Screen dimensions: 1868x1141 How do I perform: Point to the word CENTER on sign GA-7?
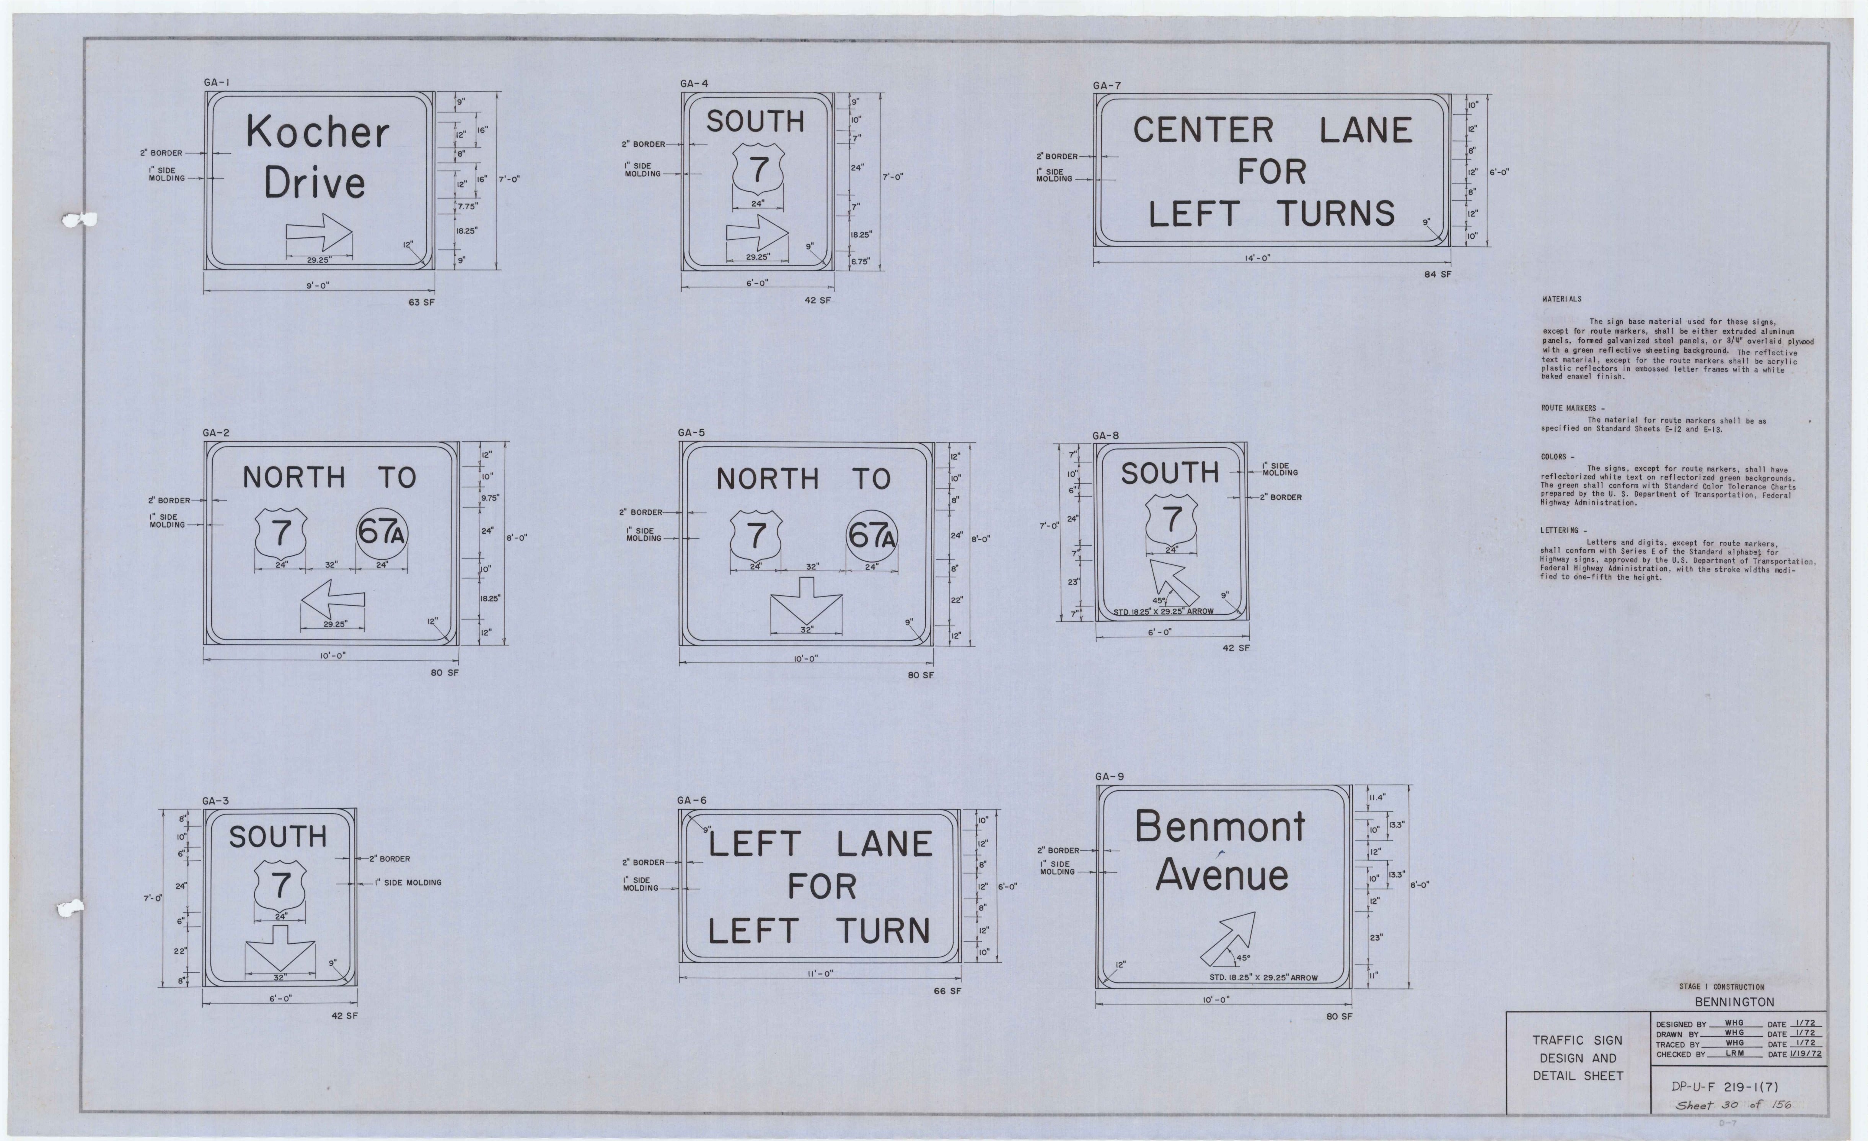pyautogui.click(x=1203, y=130)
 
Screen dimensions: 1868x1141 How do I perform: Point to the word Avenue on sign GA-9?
pyautogui.click(x=1221, y=875)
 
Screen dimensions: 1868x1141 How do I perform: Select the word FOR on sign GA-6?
pyautogui.click(x=822, y=886)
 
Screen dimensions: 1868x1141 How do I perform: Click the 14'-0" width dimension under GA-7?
pyautogui.click(x=1258, y=258)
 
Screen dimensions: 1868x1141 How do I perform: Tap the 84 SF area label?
pyautogui.click(x=1438, y=274)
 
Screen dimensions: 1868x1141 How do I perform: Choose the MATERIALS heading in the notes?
pyautogui.click(x=1562, y=299)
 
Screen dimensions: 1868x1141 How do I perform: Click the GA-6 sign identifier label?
pyautogui.click(x=691, y=800)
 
